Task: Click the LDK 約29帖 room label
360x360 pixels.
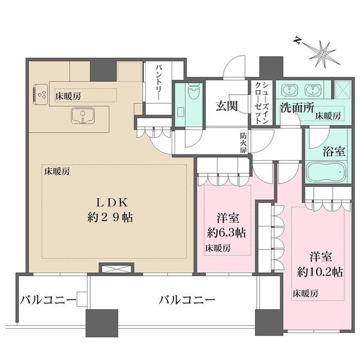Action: (x=110, y=210)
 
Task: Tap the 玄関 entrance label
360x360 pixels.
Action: (x=227, y=106)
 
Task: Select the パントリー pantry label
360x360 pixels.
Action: (x=159, y=82)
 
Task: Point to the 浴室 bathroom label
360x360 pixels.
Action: (x=334, y=151)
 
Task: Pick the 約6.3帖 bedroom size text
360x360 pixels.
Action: (x=227, y=233)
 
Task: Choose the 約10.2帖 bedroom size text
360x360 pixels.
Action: (x=320, y=272)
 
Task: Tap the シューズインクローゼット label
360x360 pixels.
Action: (x=262, y=103)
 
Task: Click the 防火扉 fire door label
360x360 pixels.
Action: (x=243, y=143)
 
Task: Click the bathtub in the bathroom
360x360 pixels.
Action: (x=326, y=172)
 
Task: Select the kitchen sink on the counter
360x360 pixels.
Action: (x=83, y=115)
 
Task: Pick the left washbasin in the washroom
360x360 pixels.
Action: (x=290, y=89)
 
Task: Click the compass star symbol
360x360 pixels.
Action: (x=323, y=55)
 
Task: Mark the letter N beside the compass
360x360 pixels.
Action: (x=298, y=41)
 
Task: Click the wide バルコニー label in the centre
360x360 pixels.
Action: (x=187, y=299)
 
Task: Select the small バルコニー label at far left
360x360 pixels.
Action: (x=48, y=299)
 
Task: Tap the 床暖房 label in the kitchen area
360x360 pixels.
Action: (x=68, y=96)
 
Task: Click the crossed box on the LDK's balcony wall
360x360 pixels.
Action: (x=116, y=268)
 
